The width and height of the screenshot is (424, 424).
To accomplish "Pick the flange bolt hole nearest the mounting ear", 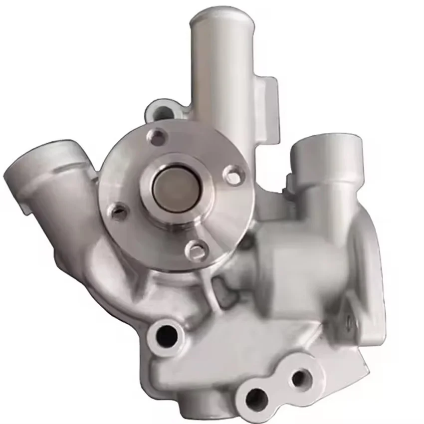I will [x=157, y=136].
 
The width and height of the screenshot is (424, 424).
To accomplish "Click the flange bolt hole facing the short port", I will [x=232, y=175].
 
